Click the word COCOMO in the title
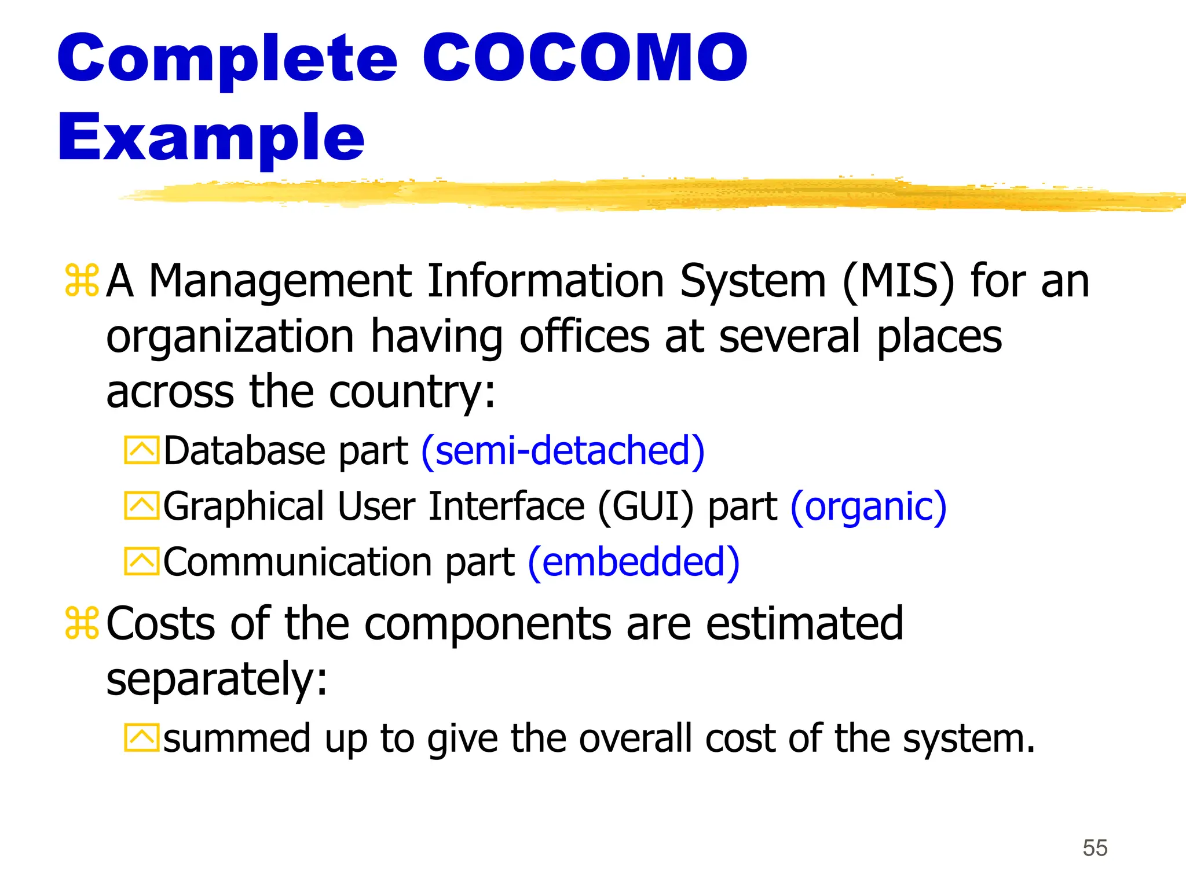point(585,58)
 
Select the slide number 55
point(1095,848)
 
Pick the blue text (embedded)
point(634,562)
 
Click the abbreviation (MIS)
point(898,281)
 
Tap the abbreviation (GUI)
point(645,507)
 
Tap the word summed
point(237,739)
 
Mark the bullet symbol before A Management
point(82,281)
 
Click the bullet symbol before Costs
point(82,623)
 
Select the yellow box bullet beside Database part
point(141,450)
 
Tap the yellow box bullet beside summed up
point(141,738)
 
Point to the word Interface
point(506,507)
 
